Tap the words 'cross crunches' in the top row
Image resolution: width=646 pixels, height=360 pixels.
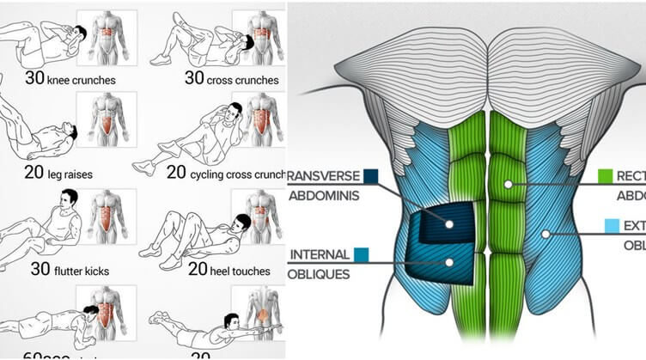pos(242,81)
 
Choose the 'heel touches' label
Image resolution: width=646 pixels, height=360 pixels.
pos(241,270)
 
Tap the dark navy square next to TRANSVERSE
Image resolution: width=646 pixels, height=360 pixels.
pos(371,175)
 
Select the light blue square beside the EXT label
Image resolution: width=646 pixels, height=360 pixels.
pos(611,226)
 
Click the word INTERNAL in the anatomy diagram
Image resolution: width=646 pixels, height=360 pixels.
pos(320,254)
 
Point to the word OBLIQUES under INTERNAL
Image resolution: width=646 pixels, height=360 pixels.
pos(320,274)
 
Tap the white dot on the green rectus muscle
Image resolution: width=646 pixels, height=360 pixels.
pos(509,184)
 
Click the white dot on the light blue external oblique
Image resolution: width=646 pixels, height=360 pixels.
pos(544,233)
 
